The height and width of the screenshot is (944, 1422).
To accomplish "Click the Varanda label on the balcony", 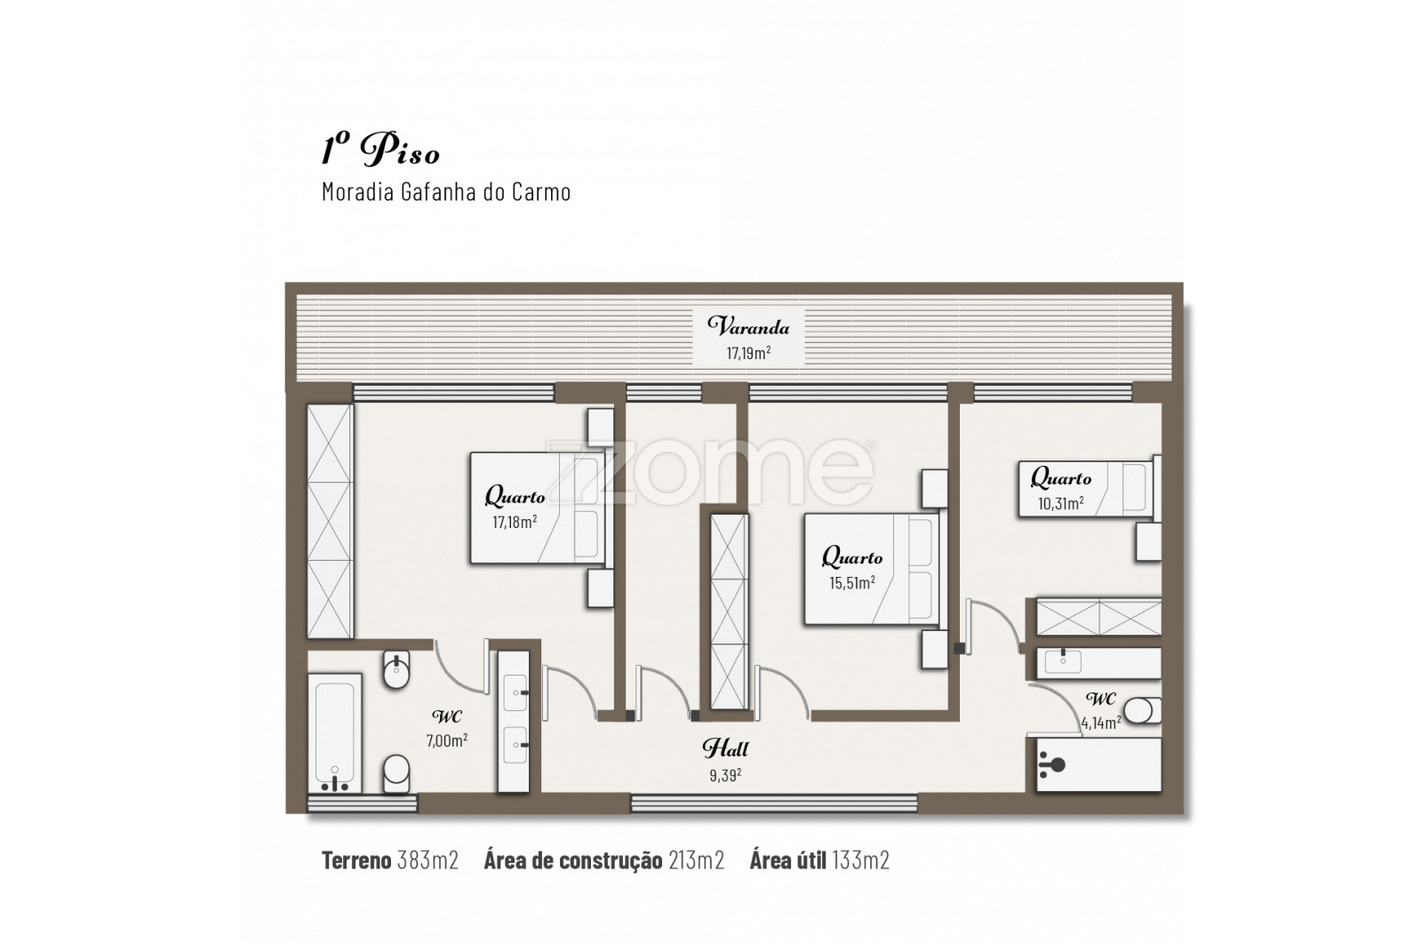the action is [748, 326].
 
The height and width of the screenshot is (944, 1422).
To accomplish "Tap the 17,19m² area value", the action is [748, 352].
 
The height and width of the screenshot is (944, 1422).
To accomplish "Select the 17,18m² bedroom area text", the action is [515, 522].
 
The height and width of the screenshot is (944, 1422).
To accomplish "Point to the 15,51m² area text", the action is [852, 582].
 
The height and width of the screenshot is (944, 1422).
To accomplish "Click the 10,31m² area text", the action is [1060, 503].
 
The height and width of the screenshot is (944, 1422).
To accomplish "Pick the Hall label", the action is [725, 748].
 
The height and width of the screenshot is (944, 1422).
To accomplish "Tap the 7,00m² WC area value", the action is [447, 740].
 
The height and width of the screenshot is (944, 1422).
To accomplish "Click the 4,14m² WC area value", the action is [1101, 723].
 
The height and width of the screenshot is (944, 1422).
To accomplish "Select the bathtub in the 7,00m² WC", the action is [334, 733].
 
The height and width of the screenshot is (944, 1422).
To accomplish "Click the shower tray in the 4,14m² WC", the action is [1098, 764].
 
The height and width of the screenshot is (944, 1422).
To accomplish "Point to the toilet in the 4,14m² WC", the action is [1143, 710].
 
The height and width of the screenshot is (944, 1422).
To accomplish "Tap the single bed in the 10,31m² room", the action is [1087, 488].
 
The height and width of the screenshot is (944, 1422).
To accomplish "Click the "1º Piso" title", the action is [380, 150].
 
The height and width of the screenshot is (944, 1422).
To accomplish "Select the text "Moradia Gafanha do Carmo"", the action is [446, 192].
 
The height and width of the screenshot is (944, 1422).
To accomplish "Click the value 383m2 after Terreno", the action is [427, 860].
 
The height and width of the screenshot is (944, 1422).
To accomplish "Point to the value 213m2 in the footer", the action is [697, 860].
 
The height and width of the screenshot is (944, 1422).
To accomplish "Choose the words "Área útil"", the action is [787, 860].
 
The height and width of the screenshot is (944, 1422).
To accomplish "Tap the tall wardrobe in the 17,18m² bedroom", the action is [330, 521].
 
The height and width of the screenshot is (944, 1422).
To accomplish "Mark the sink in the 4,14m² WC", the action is [1062, 660].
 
